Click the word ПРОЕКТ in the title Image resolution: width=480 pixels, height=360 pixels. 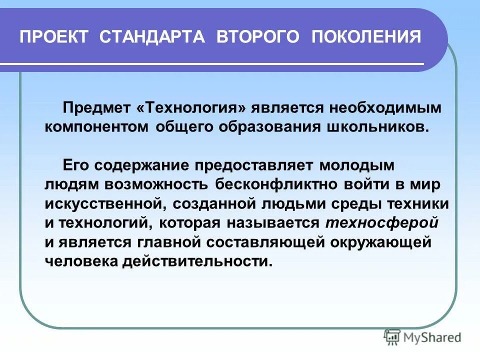[x=54, y=37]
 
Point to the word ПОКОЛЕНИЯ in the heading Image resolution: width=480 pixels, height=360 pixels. [x=366, y=37]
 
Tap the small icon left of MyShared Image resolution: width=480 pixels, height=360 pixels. [x=392, y=337]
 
